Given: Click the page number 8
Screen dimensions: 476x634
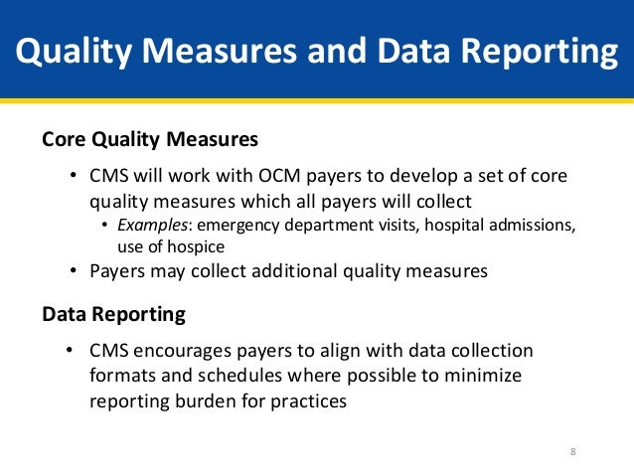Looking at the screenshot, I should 572,453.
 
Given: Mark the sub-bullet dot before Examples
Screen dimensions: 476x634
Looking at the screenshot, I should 107,226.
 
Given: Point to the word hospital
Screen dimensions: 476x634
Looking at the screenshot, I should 452,225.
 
